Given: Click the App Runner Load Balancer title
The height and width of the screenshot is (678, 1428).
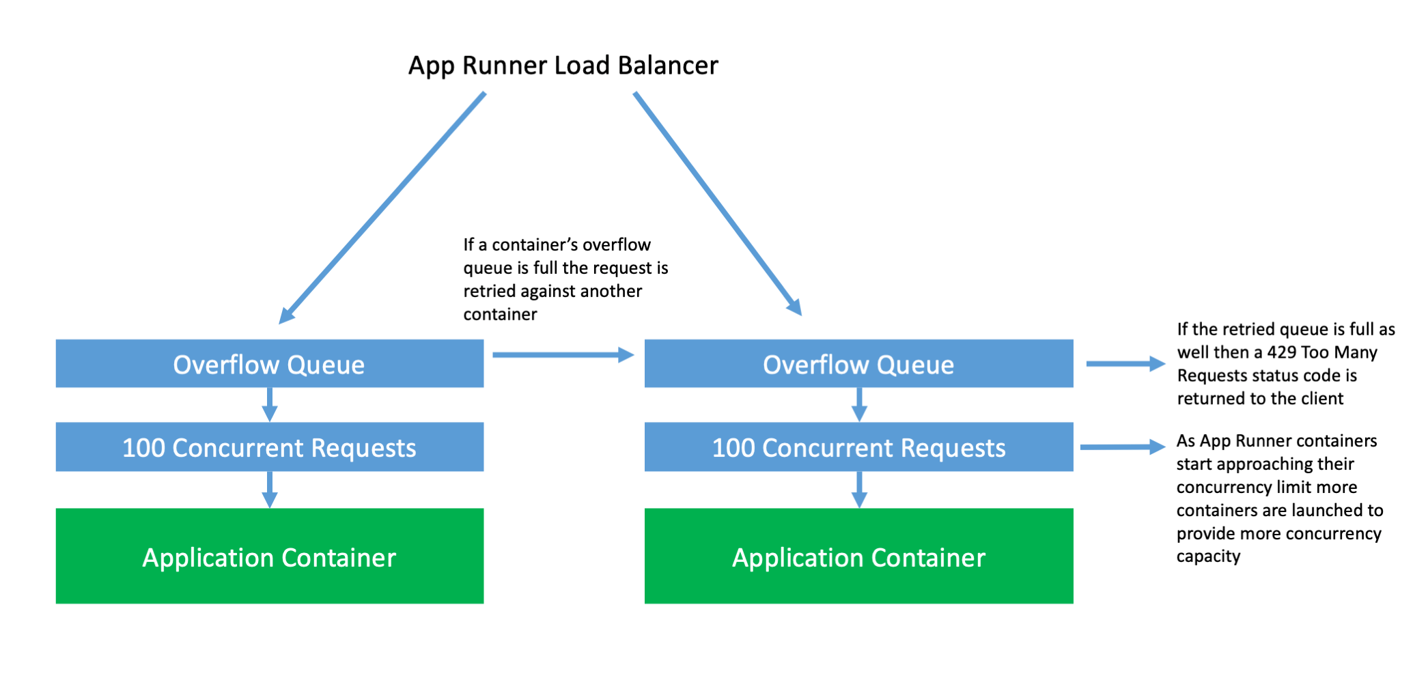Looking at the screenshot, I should click(x=563, y=66).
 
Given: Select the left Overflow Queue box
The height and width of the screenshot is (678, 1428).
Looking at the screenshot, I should click(x=269, y=364).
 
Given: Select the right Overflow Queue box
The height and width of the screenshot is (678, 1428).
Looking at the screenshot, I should click(x=858, y=364).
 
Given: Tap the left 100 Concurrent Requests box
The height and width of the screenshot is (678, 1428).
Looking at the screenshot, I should click(x=269, y=447).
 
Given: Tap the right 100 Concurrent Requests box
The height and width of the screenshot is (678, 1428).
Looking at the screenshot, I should click(x=858, y=447).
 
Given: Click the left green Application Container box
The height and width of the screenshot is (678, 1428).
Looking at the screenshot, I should click(x=269, y=556).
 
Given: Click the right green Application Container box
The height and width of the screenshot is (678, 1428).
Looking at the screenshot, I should click(x=858, y=556).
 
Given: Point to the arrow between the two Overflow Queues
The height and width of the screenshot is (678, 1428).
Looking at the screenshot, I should click(x=563, y=355).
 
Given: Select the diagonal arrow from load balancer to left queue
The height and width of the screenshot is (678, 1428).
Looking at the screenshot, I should click(x=382, y=208).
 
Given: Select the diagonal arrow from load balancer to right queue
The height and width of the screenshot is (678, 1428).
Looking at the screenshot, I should click(x=717, y=203).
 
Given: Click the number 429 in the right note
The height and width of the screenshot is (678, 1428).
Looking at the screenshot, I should click(x=1282, y=352).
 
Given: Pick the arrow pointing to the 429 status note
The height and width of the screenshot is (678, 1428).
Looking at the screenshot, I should click(x=1124, y=364).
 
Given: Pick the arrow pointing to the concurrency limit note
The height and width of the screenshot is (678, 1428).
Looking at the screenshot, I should click(x=1121, y=447).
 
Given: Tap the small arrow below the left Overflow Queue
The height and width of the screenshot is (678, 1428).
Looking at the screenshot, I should click(x=270, y=405).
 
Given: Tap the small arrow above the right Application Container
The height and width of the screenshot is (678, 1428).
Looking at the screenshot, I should click(x=859, y=490).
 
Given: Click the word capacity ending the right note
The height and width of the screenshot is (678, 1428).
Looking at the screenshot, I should click(x=1207, y=556).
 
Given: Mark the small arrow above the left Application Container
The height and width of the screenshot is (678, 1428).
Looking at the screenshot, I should click(x=270, y=490).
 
